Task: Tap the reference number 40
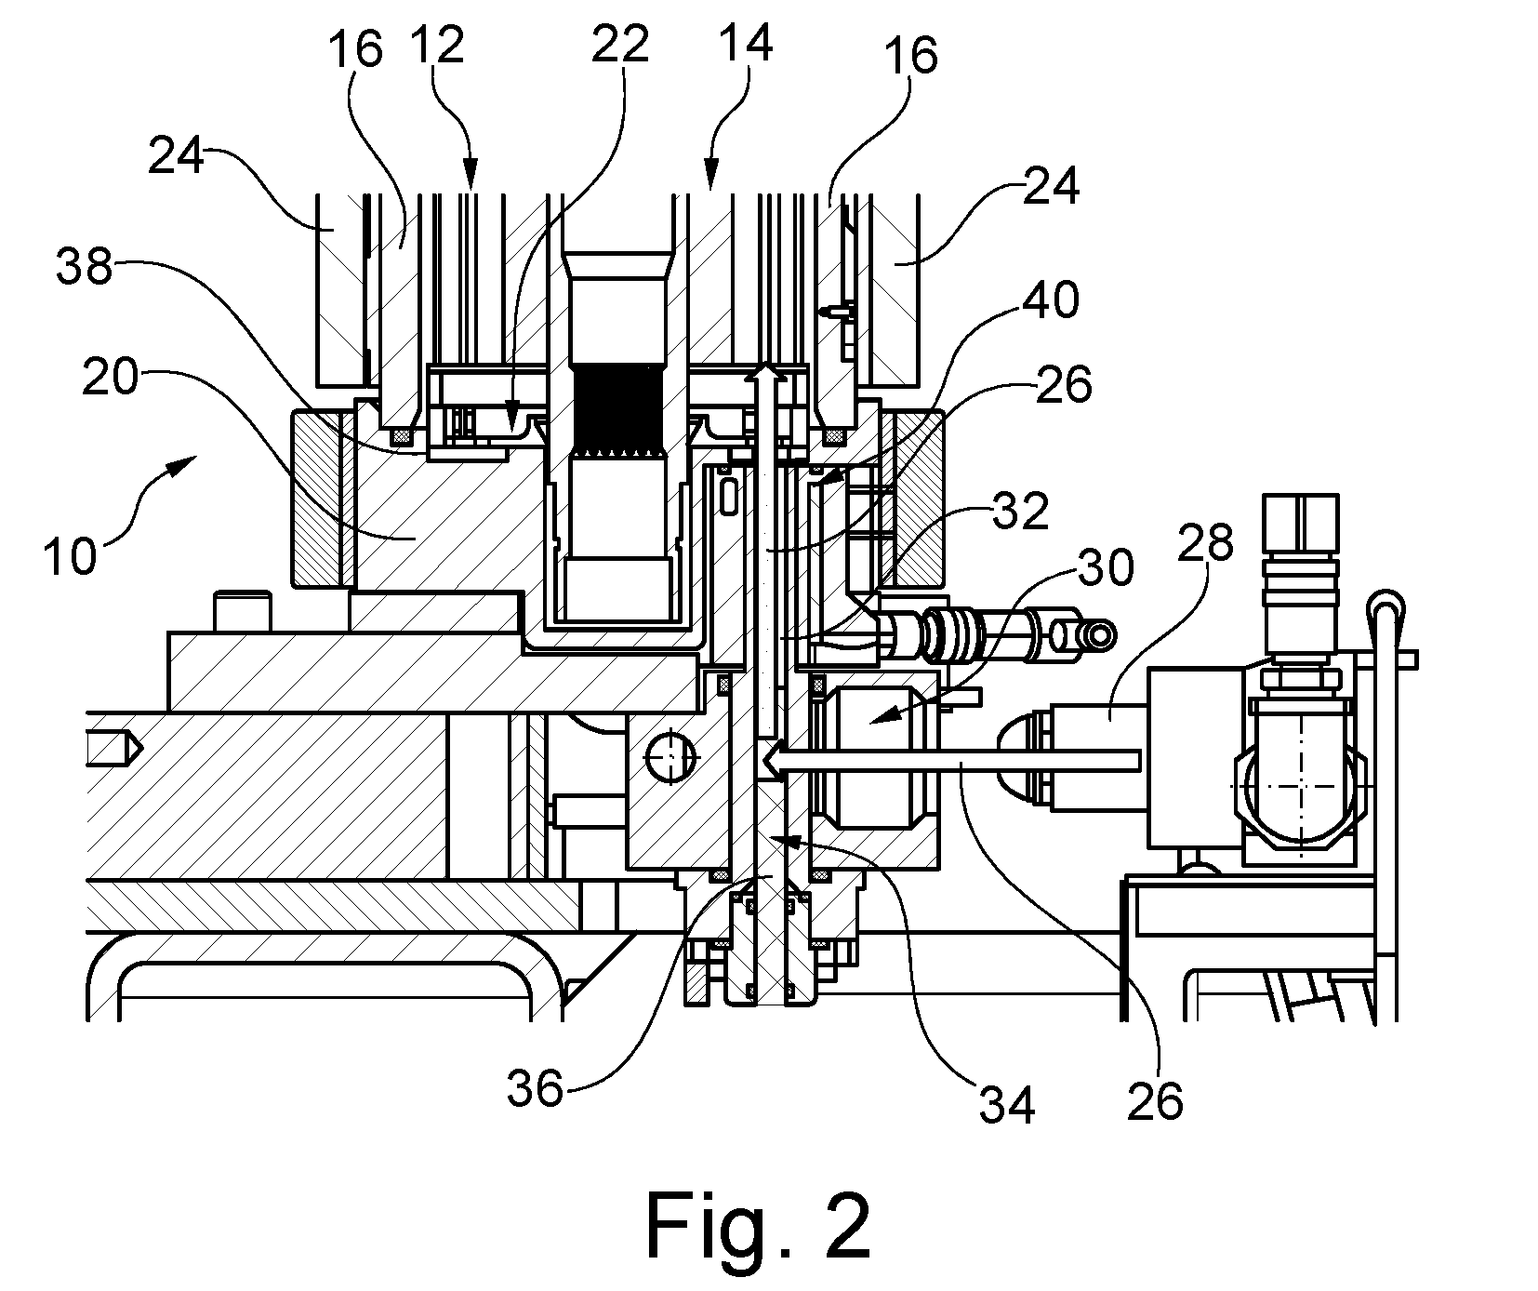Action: point(1051,300)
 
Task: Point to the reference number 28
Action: point(1205,541)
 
